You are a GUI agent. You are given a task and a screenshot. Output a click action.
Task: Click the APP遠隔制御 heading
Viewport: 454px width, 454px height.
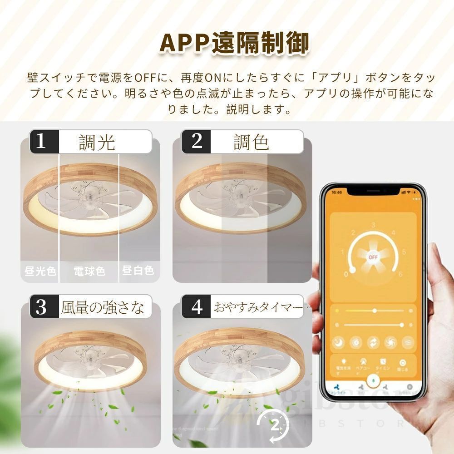[x=235, y=44]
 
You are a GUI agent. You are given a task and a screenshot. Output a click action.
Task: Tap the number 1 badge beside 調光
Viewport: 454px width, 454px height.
[x=41, y=141]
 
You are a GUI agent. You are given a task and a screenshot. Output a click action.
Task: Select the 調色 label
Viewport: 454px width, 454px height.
[x=251, y=142]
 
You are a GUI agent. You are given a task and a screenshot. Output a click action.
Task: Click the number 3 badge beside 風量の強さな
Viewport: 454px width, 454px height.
[x=41, y=307]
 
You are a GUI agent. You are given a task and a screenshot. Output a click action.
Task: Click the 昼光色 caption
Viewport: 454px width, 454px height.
[x=40, y=271]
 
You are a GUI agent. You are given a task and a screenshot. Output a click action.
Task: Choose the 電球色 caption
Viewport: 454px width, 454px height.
[x=89, y=271]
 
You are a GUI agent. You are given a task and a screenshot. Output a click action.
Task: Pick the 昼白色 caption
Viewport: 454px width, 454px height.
[x=138, y=271]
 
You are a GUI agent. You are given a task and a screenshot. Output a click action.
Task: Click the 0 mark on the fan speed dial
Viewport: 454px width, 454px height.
[x=346, y=274]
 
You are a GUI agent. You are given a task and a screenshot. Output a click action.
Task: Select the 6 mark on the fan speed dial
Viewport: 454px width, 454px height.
[x=400, y=274]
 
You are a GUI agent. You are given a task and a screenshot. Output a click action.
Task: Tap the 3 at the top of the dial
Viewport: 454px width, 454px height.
[x=373, y=225]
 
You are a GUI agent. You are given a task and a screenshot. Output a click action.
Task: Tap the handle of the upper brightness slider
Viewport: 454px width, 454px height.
[x=375, y=311]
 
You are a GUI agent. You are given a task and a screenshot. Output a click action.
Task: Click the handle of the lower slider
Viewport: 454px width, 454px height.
[x=402, y=325]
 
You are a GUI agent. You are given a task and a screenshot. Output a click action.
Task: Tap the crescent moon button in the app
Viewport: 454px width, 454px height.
[x=338, y=341]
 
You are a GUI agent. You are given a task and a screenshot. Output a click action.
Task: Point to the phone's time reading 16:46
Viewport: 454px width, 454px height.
[x=336, y=192]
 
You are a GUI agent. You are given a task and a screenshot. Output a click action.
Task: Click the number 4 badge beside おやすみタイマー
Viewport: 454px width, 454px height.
[x=197, y=307]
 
